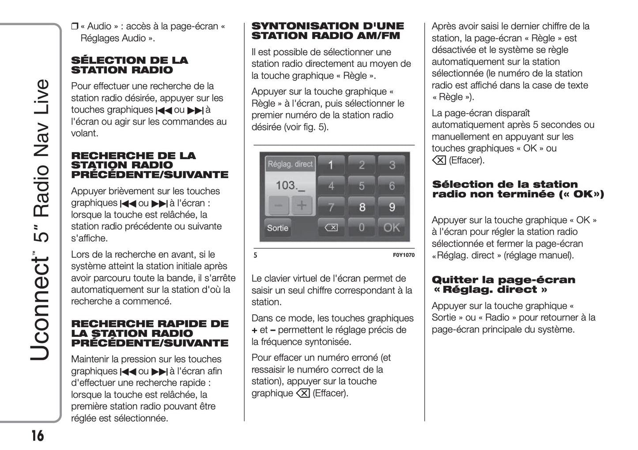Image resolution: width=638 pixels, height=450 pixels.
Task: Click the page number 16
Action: [38, 436]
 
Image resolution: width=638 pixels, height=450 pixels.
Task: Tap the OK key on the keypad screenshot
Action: [392, 228]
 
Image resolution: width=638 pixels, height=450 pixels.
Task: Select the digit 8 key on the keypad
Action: [362, 207]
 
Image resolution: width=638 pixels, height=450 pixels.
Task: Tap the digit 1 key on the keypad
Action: [331, 165]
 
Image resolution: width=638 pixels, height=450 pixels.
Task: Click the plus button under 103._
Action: [302, 206]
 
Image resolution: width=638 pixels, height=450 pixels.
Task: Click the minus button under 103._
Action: [278, 206]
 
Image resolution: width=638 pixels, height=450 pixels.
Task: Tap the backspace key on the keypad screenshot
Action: [331, 228]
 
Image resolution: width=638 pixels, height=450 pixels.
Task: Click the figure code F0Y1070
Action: [404, 255]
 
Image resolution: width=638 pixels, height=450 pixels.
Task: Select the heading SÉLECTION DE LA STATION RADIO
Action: [129, 65]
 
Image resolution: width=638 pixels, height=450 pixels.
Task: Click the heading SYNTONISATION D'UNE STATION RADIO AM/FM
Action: [327, 31]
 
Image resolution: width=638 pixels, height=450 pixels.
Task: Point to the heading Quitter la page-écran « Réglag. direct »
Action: [503, 285]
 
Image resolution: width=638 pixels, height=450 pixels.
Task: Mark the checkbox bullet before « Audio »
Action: [74, 27]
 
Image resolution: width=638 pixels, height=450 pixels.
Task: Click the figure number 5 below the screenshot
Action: [255, 255]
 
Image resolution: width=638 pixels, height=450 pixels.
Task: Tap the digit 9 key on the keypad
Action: [392, 207]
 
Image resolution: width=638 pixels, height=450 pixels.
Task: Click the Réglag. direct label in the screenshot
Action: [290, 164]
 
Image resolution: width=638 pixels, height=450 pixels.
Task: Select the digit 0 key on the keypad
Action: [362, 228]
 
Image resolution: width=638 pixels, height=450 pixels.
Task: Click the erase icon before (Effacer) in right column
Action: [439, 160]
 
